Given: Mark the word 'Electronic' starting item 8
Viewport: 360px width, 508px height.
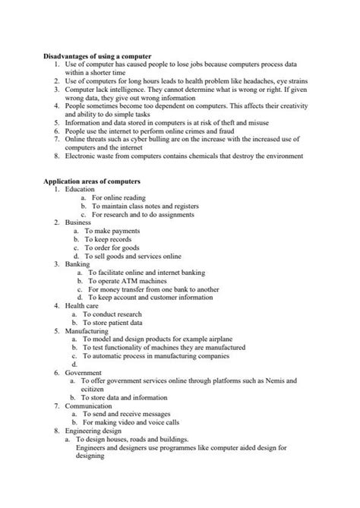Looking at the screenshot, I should click(82, 156).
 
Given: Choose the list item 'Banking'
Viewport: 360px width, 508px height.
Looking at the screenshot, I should click(77, 264).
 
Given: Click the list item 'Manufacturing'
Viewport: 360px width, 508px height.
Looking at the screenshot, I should click(87, 331).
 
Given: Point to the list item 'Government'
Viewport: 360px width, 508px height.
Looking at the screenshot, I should click(84, 373).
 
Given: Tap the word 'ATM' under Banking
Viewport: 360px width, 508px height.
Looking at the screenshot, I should click(123, 281).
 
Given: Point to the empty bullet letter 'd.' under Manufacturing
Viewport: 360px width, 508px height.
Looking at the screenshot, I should click(74, 364).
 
